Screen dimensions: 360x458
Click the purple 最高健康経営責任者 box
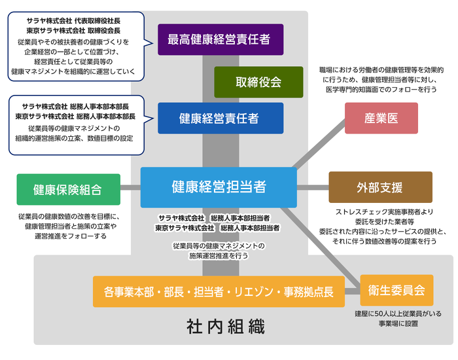point(220,39)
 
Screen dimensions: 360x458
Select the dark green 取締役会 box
point(258,82)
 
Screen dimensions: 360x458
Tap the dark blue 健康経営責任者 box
point(220,118)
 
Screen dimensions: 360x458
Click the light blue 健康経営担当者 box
point(219,187)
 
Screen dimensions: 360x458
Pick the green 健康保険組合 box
point(68,190)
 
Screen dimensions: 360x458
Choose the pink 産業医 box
point(381,118)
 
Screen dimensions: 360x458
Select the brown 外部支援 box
point(380,187)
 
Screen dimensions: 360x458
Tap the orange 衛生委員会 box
point(396,290)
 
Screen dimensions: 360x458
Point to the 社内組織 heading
point(226,326)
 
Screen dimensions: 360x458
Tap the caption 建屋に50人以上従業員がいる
point(397,314)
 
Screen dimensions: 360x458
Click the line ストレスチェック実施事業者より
point(385,212)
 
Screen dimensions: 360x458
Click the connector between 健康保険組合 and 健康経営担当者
point(130,188)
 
